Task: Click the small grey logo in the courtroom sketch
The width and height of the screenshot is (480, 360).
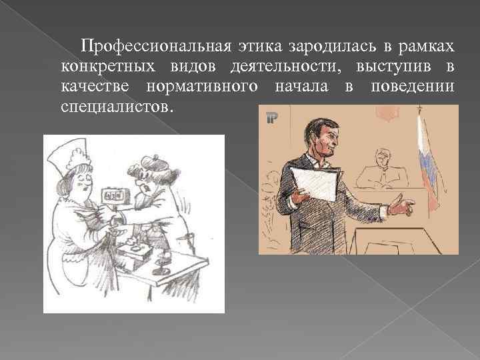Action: click(x=271, y=119)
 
